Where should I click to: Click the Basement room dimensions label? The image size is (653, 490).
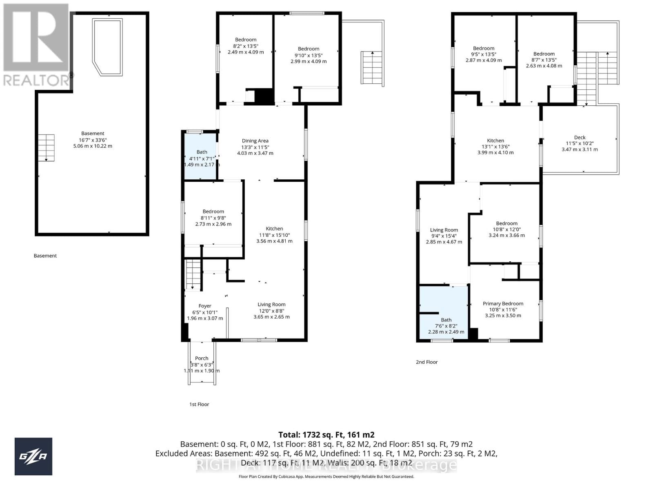click(93, 140)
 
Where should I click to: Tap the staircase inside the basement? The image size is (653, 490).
click(47, 147)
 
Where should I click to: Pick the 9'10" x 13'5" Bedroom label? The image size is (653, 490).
click(309, 55)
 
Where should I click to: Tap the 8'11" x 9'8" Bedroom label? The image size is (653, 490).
click(213, 218)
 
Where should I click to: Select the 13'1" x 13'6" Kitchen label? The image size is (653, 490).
click(495, 146)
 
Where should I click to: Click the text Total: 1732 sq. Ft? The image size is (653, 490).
click(326, 435)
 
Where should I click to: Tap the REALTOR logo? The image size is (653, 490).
click(37, 45)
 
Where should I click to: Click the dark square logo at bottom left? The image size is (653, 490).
click(33, 456)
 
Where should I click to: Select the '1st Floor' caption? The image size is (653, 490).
click(199, 404)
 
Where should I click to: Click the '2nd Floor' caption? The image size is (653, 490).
click(426, 362)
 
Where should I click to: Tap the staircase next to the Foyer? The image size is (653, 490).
click(193, 275)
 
